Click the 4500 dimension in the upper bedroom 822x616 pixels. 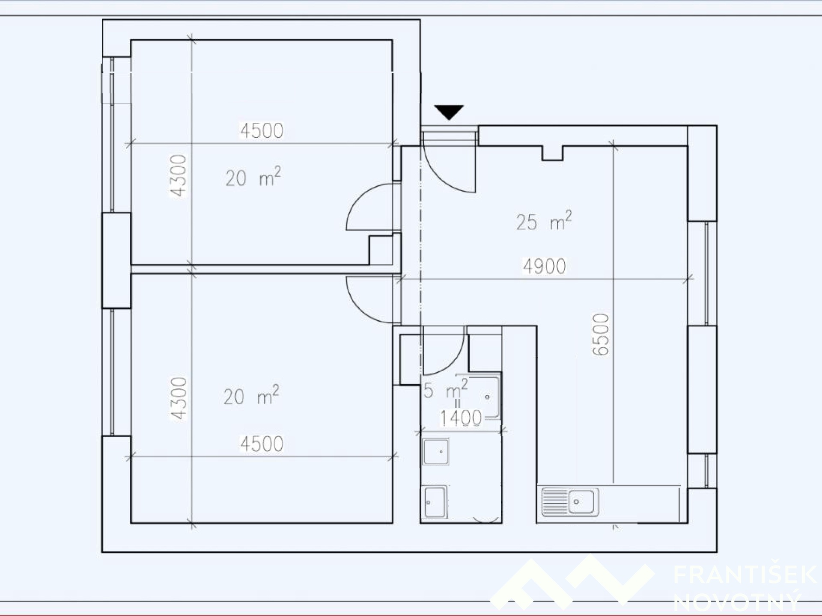(x=262, y=131)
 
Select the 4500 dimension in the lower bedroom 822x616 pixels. (x=262, y=444)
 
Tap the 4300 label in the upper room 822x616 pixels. (x=179, y=175)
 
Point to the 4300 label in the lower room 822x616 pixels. (x=179, y=399)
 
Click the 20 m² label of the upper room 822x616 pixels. (x=253, y=177)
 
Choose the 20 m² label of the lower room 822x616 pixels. (x=251, y=395)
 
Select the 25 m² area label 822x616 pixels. (x=544, y=221)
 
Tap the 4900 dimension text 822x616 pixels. (x=545, y=267)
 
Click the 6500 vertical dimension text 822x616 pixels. (x=601, y=335)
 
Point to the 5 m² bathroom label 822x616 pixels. (x=445, y=389)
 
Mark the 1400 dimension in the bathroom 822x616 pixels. (x=461, y=418)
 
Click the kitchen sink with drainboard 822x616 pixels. (x=570, y=501)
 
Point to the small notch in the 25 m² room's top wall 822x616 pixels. (x=553, y=153)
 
